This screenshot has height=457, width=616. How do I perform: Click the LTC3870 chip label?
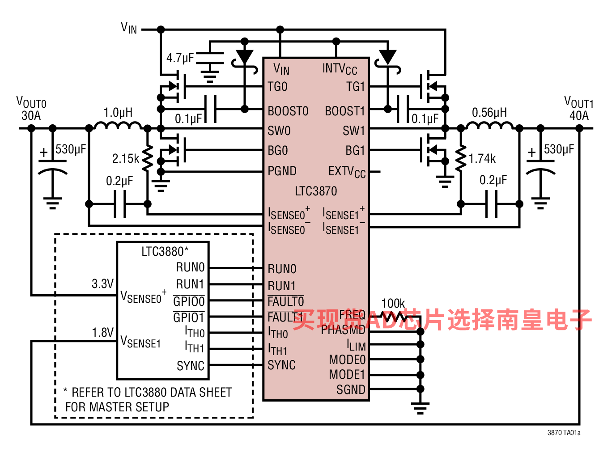[x=316, y=191]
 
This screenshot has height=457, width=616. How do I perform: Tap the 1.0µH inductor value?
[x=118, y=113]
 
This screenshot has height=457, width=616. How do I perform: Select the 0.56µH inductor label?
[x=489, y=113]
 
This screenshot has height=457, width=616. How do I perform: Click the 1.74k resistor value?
[x=482, y=159]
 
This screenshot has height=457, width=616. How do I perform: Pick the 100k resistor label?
[x=393, y=304]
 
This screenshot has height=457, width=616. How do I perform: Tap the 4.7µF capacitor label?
[x=180, y=58]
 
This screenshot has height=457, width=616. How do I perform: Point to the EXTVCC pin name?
[x=347, y=172]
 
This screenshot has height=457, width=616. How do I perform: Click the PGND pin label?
[x=282, y=171]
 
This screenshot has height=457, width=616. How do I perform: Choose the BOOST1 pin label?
[x=345, y=111]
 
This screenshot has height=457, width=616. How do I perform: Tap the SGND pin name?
[x=351, y=390]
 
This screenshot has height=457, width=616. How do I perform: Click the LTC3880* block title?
[x=165, y=252]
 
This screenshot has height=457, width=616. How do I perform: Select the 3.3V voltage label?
[x=103, y=284]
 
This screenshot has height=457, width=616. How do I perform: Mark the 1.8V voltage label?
[x=103, y=333]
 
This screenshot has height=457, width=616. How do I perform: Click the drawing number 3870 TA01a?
[x=564, y=432]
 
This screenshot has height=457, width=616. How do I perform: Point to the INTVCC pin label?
[x=340, y=69]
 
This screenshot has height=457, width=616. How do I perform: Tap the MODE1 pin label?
[x=347, y=374]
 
